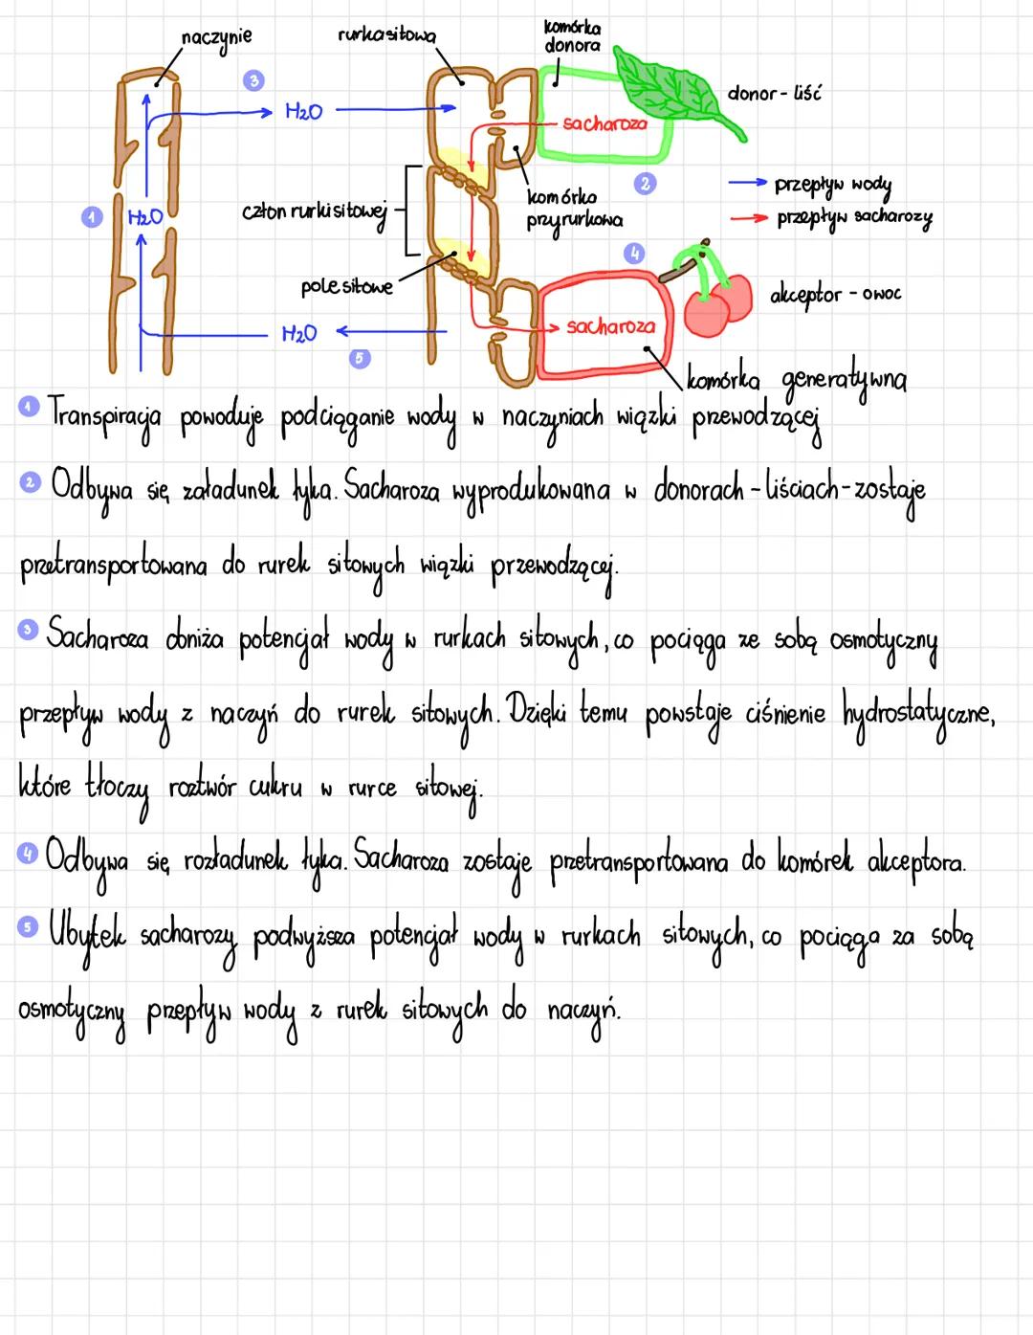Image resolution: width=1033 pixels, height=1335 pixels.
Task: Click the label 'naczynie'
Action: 216,37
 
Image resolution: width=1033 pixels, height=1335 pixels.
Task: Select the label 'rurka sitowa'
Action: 385,36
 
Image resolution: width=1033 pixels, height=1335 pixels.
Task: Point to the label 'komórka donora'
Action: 572,35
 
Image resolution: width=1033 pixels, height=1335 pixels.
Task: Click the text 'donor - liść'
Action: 774,93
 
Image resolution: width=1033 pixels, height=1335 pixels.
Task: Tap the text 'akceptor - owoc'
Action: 835,294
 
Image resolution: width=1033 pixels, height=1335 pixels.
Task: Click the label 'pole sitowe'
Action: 346,286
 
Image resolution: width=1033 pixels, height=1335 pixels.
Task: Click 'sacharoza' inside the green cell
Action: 604,123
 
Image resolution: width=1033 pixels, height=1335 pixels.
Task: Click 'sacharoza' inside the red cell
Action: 610,326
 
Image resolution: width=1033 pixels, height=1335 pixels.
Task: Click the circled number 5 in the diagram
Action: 361,358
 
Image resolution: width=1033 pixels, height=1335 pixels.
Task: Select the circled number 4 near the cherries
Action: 634,253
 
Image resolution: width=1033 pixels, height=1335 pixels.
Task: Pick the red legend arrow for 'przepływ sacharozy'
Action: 749,217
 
